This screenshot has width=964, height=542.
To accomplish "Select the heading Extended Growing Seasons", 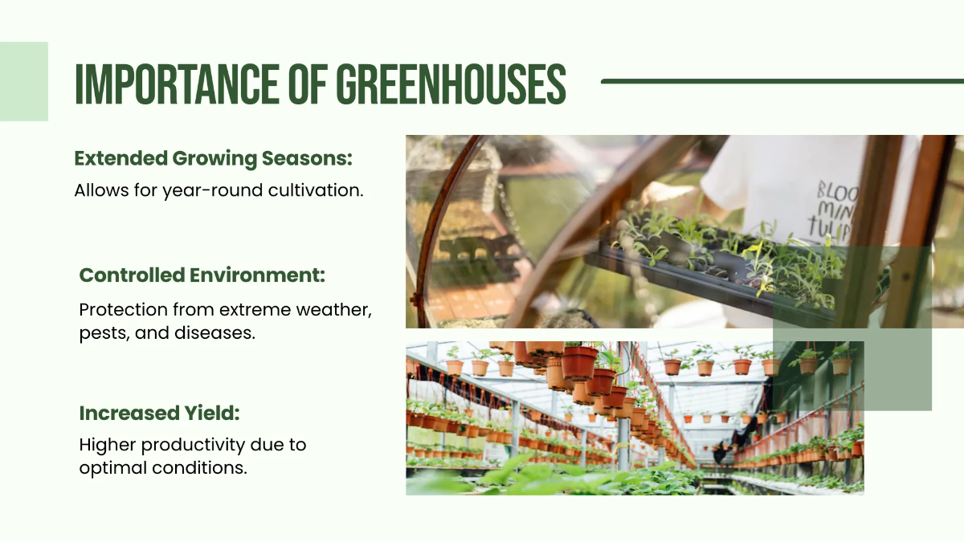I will pos(213,158).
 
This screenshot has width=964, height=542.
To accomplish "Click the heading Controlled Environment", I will pos(202,275).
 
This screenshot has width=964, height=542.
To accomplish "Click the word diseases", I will pos(215,332).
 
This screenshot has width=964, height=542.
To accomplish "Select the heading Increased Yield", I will pos(159,414).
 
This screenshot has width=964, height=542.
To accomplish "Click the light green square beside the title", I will pos(23,81).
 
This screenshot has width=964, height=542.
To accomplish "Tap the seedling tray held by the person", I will pos(707,265).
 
